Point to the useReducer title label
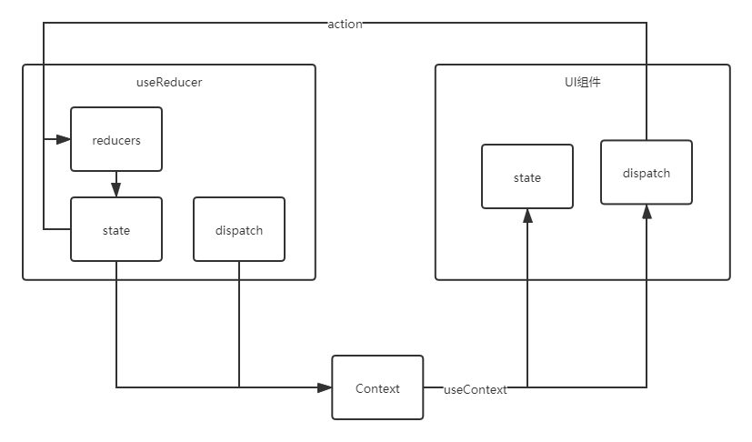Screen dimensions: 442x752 (x=169, y=83)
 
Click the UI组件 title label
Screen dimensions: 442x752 (x=582, y=83)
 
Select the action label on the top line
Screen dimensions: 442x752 (x=345, y=25)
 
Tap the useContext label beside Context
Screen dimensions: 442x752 (x=475, y=389)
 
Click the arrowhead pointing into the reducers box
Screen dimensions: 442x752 (x=63, y=139)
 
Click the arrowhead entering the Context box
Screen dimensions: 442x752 (x=325, y=388)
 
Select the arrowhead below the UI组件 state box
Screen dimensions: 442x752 (x=527, y=216)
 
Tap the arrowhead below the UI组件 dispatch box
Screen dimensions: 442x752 (x=647, y=212)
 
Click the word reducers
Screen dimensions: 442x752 (x=116, y=141)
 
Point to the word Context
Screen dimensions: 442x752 (x=377, y=389)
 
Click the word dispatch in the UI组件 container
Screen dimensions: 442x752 (x=647, y=173)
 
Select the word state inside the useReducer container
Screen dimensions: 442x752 (x=116, y=231)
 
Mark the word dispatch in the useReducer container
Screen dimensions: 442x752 (x=239, y=231)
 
